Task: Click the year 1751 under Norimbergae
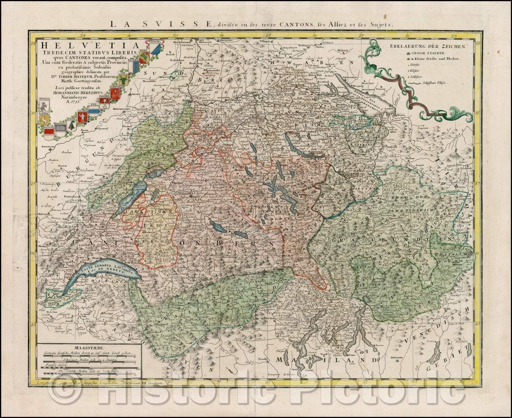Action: click(x=85, y=102)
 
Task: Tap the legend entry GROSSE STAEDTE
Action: click(x=426, y=53)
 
